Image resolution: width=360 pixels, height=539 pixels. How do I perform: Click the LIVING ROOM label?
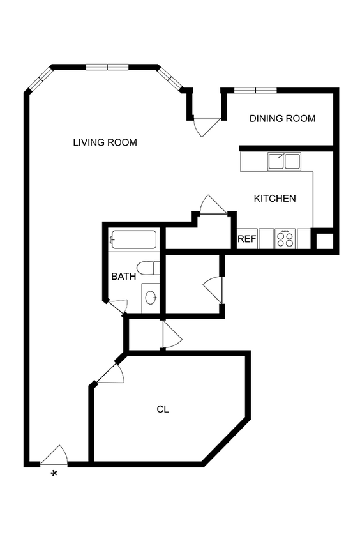coord(105,142)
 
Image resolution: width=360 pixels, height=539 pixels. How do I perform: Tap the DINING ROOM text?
coord(282,118)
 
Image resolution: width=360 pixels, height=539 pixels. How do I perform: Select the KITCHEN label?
coord(274,199)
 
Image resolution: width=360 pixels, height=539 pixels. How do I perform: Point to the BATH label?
coord(123,277)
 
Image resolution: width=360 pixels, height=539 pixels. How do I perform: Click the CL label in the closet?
coord(163,409)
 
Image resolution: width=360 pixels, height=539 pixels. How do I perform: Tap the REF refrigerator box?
coord(246,239)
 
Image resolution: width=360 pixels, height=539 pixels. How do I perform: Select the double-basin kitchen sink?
coord(284,162)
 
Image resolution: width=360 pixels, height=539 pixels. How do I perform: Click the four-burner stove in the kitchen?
coord(285,239)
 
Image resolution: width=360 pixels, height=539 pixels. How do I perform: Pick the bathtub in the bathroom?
coord(133,240)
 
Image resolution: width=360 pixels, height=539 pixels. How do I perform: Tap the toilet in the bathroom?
coord(147,268)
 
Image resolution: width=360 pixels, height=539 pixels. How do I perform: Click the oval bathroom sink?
coord(151,297)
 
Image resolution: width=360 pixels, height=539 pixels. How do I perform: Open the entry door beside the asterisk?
coord(54,455)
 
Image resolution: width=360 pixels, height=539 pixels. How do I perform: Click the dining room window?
coord(255,90)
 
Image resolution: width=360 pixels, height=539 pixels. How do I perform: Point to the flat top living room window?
coord(107,66)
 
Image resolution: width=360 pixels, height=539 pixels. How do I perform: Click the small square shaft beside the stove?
coord(324,241)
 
